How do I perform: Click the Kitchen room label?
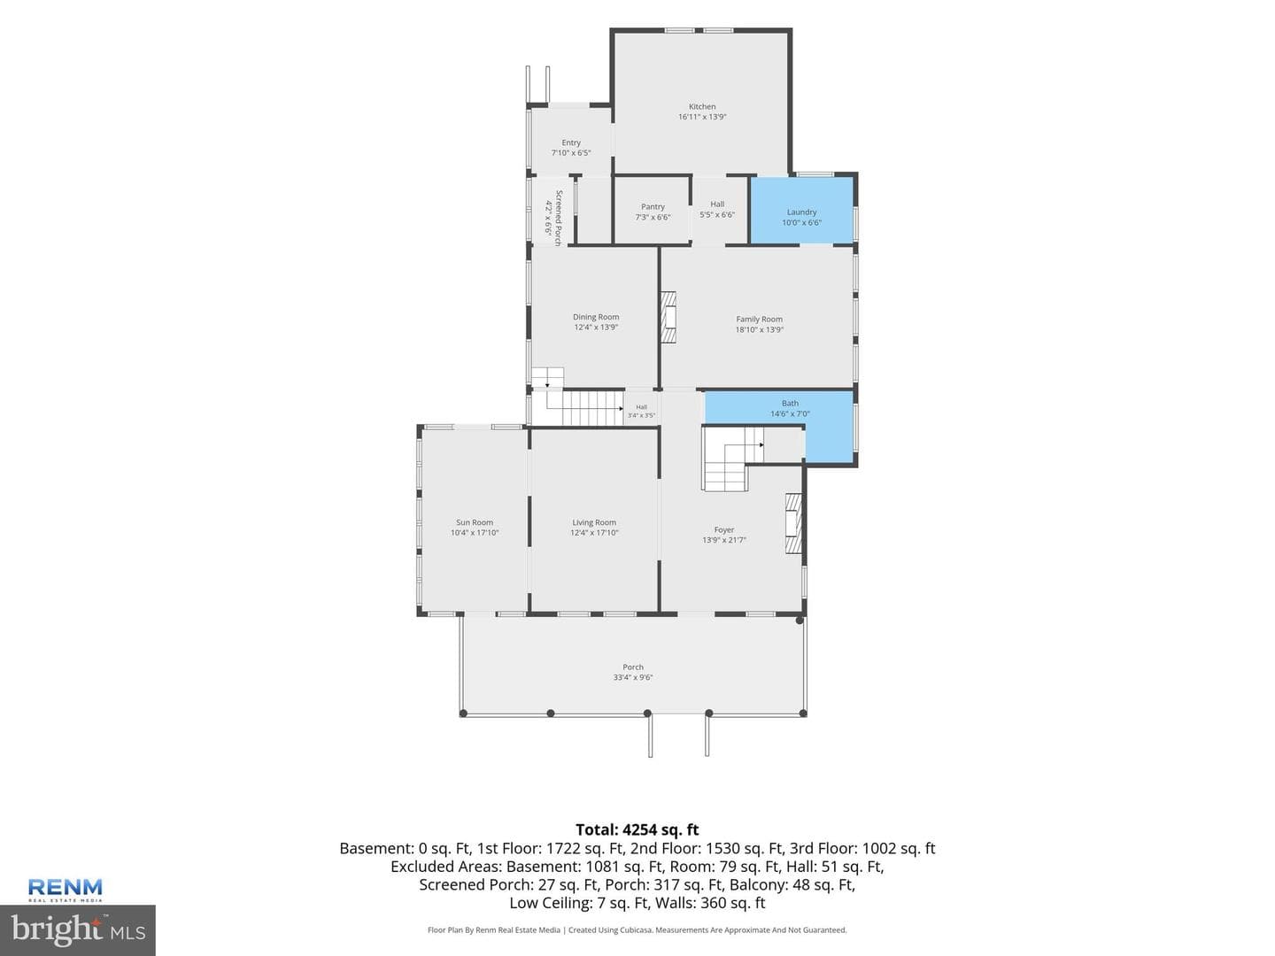701,106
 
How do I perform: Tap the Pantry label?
653,206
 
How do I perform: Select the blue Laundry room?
801,210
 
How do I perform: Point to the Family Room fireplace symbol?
668,318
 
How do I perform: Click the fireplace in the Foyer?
794,523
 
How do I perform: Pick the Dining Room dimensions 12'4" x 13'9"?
596,328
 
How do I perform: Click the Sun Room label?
475,522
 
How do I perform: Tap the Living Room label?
593,522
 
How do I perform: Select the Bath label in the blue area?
790,404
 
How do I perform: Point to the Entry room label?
571,143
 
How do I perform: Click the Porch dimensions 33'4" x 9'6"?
633,677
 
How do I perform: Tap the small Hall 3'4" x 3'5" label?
641,411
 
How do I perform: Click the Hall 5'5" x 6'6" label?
717,210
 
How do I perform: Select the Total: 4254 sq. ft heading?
637,829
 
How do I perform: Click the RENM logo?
65,890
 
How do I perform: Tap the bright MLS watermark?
78,930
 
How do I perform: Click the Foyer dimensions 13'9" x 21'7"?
723,540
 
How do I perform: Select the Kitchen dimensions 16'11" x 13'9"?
701,117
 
